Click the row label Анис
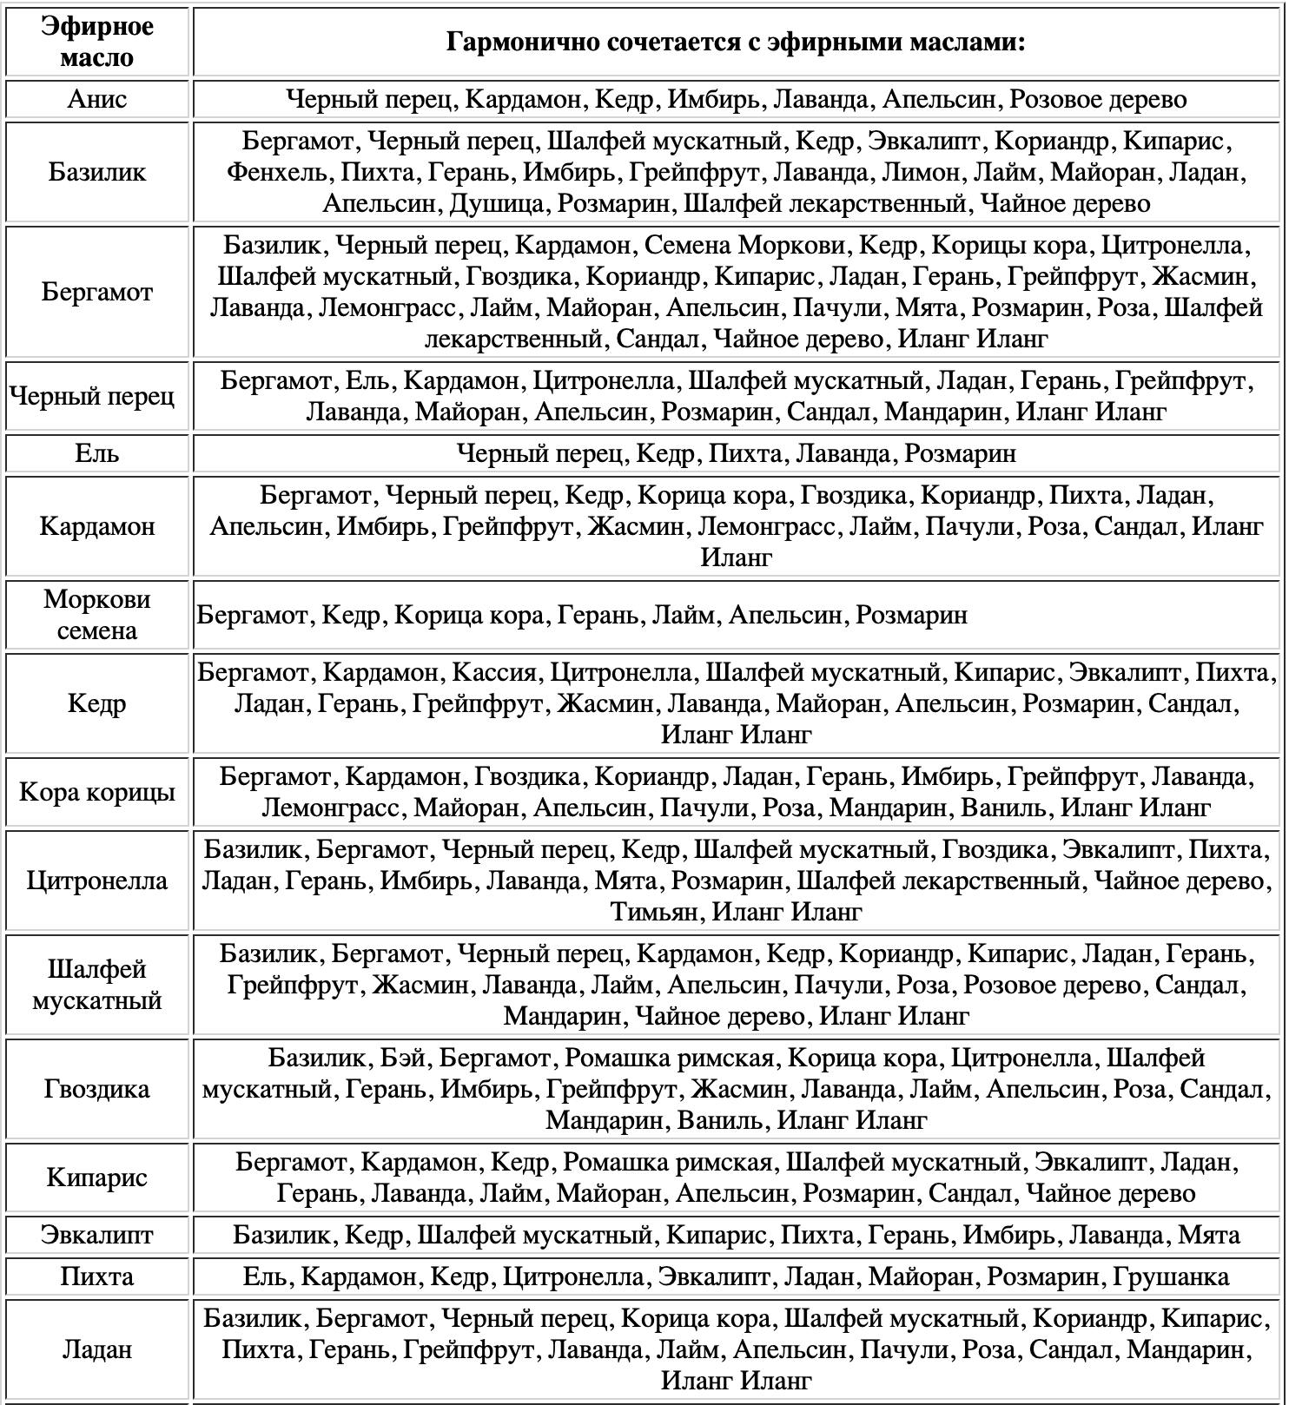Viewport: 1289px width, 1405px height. (96, 99)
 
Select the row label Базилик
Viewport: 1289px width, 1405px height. (96, 172)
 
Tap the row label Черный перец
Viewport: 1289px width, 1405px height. (92, 396)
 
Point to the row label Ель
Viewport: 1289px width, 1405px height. (96, 453)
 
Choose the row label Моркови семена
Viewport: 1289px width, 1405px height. (96, 615)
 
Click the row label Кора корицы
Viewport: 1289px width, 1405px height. (96, 792)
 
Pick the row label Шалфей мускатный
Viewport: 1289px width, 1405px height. (96, 985)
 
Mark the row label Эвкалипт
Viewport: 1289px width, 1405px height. (96, 1235)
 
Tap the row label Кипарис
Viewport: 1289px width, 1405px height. (96, 1177)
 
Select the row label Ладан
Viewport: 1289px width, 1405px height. (96, 1349)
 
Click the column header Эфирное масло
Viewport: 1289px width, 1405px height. (96, 42)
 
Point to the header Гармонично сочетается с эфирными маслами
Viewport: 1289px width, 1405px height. (736, 42)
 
